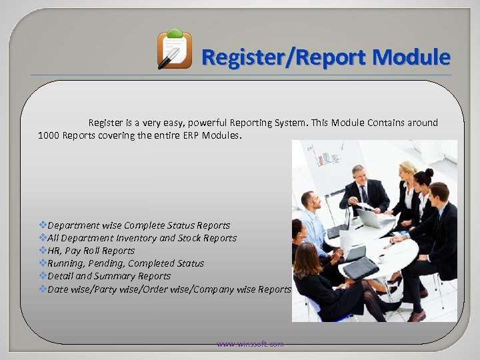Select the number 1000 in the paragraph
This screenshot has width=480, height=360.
[x=49, y=135]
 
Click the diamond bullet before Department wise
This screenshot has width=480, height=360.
[x=43, y=225]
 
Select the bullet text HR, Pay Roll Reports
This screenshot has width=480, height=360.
[x=91, y=251]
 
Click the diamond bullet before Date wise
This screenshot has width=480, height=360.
[x=43, y=289]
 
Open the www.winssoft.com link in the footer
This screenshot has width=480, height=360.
[x=250, y=344]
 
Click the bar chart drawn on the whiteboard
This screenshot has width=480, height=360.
[x=325, y=158]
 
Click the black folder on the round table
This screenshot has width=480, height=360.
[x=361, y=268]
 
